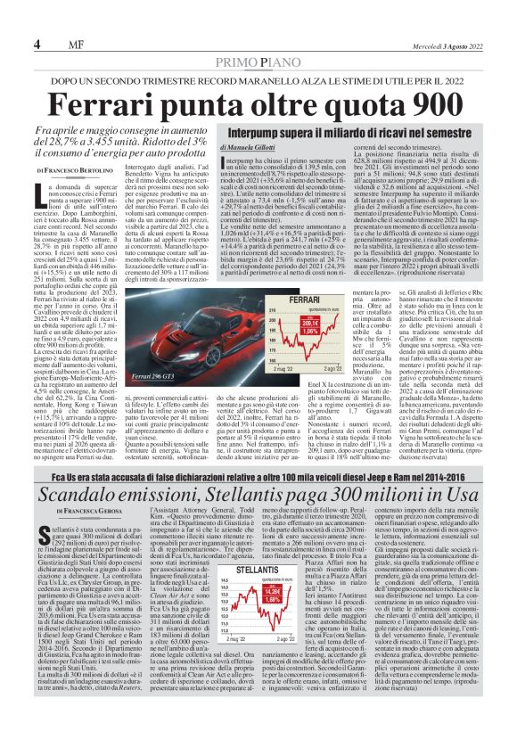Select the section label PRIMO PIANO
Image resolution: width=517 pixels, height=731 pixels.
click(259, 61)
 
